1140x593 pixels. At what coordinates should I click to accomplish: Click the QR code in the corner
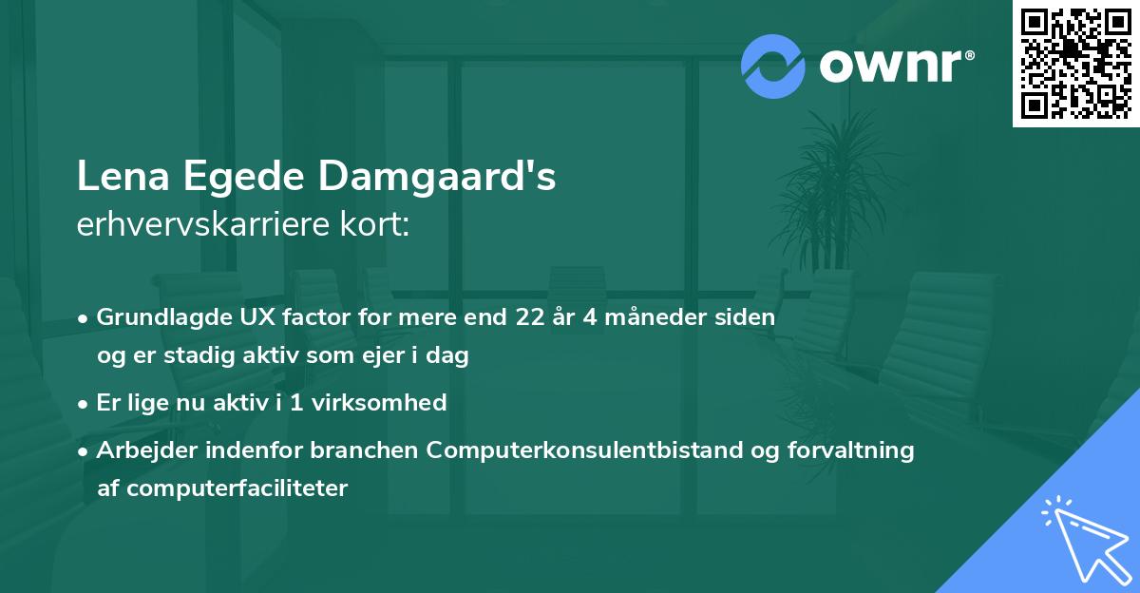pyautogui.click(x=1076, y=64)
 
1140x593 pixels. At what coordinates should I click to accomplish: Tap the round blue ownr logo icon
pyautogui.click(x=772, y=67)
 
